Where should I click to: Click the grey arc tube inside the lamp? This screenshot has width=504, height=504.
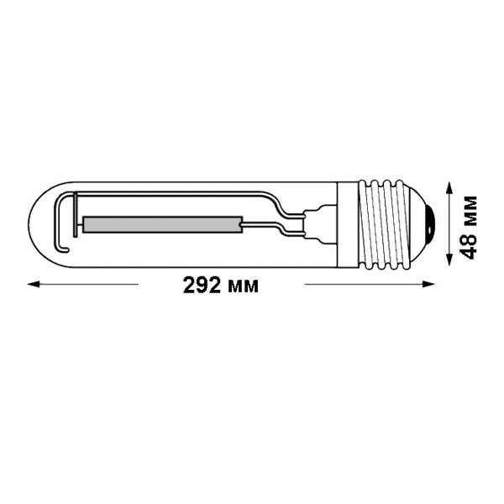[162, 224]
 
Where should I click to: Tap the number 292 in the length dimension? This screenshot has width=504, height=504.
[202, 285]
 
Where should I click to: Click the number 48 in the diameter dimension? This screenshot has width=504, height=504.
[468, 245]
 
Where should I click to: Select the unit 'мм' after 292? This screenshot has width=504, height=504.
[243, 287]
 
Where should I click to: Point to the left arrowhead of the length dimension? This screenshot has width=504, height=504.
[34, 284]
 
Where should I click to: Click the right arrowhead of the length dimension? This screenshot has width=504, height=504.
[428, 284]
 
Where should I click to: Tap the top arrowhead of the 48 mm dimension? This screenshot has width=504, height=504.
[449, 188]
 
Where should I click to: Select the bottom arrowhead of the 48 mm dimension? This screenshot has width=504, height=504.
[449, 259]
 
